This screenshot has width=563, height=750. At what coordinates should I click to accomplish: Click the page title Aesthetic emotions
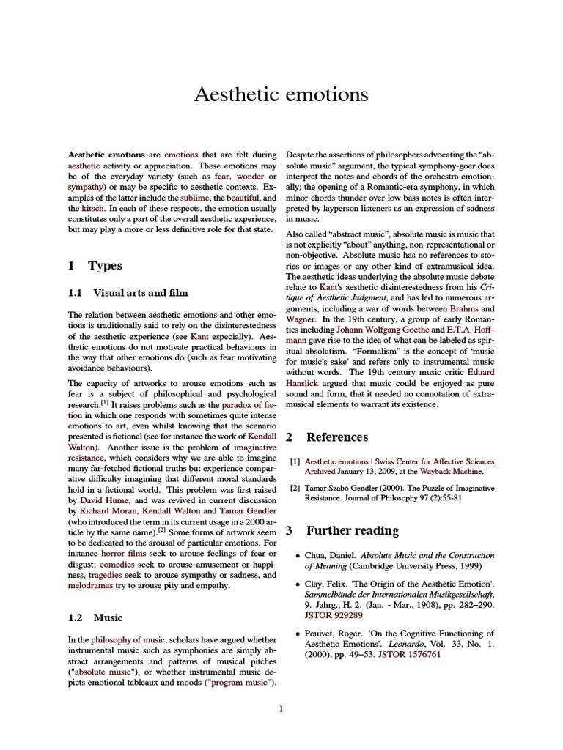(x=281, y=95)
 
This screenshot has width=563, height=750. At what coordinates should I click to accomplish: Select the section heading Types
(x=104, y=266)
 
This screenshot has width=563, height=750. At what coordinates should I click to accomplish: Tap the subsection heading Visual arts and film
(x=140, y=293)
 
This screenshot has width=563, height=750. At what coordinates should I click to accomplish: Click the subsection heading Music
(x=108, y=617)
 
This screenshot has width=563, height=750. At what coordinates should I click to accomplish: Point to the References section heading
(x=336, y=437)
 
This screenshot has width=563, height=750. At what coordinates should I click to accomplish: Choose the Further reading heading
(x=352, y=530)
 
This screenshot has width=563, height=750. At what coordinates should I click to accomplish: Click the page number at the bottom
(x=281, y=708)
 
